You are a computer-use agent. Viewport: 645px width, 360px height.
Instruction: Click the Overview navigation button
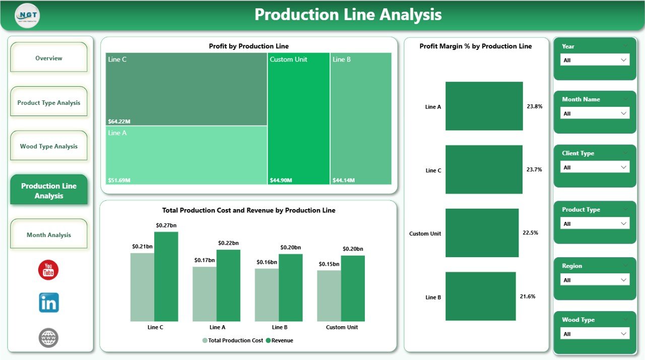click(49, 58)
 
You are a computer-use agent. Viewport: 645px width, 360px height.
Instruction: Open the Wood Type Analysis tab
click(49, 146)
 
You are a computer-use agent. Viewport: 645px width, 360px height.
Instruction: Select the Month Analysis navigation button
click(49, 235)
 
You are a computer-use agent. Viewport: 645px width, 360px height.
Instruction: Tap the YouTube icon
click(48, 270)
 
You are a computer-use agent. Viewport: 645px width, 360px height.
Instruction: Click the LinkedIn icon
click(49, 303)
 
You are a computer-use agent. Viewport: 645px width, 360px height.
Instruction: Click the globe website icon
click(49, 338)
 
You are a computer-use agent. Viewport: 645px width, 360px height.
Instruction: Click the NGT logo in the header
click(27, 15)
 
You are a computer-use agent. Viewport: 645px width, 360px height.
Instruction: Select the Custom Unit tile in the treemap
click(298, 118)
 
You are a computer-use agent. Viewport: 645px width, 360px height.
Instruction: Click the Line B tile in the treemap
click(361, 118)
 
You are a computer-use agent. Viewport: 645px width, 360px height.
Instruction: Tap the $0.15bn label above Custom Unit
click(329, 264)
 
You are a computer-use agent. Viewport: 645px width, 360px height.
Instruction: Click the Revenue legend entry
click(282, 340)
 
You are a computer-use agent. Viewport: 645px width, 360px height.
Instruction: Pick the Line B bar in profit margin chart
click(480, 296)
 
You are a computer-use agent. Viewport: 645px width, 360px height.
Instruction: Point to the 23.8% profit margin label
click(535, 106)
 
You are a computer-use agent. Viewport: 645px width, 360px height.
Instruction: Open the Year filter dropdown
click(595, 60)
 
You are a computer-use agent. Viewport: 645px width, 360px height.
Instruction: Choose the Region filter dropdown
click(595, 280)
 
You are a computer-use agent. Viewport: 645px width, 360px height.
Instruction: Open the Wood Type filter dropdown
click(595, 334)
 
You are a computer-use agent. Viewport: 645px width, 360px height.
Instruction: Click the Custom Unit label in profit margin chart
click(425, 233)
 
